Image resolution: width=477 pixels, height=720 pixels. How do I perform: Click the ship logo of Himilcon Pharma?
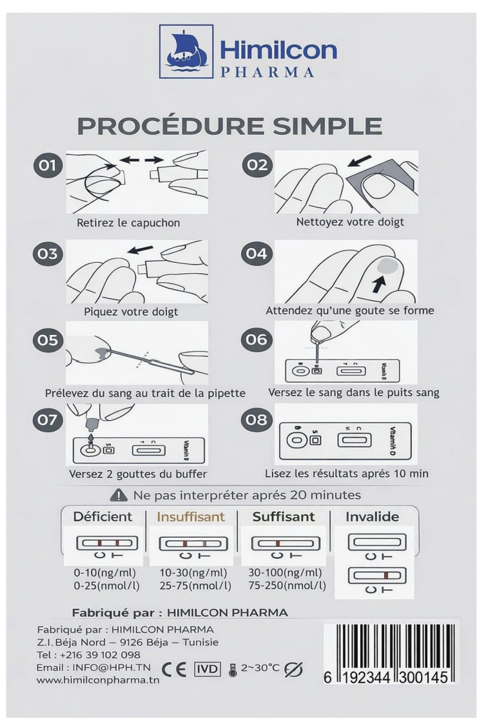point(186,51)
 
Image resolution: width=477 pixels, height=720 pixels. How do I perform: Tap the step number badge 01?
point(46,165)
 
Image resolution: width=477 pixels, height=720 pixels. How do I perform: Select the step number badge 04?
point(257,254)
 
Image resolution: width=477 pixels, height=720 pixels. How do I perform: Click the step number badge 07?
point(47,420)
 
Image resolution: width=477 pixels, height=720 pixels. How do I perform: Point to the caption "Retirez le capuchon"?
point(128,223)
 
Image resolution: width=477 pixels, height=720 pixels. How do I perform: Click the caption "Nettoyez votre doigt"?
point(350,222)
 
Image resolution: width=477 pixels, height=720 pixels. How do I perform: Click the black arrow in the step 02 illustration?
point(359,161)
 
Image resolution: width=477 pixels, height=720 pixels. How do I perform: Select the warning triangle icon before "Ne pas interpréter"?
point(119,495)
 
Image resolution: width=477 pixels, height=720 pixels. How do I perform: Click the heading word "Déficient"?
point(102,516)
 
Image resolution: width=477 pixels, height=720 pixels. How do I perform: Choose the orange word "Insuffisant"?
point(191,517)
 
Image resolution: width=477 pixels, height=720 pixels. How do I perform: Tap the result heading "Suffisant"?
point(284,517)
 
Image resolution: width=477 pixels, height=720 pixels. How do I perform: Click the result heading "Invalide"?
point(372,517)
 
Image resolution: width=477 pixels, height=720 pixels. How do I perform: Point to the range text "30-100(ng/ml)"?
point(285,573)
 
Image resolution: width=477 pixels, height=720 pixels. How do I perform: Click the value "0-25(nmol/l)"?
point(106,586)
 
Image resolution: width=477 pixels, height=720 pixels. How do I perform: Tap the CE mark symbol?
point(174,670)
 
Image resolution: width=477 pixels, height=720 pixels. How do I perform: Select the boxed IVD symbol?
point(208,669)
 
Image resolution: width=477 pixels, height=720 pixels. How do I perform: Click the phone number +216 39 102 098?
point(100,655)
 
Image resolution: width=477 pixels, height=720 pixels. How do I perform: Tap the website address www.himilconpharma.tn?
point(98,680)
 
